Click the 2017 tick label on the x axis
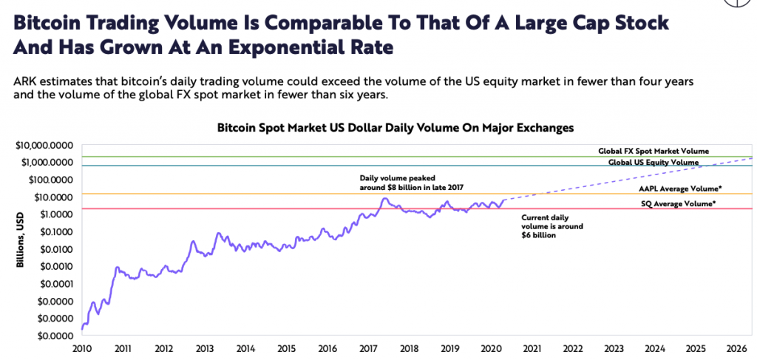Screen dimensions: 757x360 368,348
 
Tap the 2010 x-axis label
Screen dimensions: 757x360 82,348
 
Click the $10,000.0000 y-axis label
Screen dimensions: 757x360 47,145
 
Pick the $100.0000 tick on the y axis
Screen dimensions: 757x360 52,180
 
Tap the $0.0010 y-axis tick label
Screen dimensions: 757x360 55,266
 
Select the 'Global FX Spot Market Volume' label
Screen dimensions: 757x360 654,151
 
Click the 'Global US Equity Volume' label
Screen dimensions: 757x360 654,163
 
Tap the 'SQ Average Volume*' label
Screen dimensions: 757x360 679,204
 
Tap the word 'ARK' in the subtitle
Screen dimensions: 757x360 24,82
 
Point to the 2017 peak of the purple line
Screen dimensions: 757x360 384,198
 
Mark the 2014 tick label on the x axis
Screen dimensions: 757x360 245,348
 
